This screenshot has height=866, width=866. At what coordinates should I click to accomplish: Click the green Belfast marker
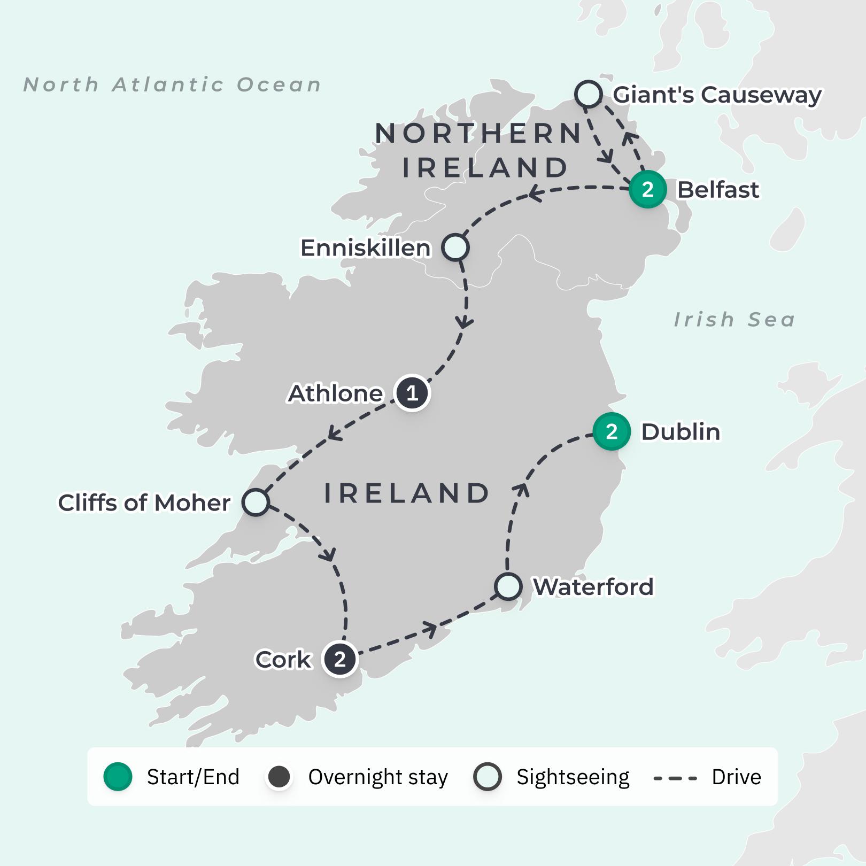[x=647, y=189]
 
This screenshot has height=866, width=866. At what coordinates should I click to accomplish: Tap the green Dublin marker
[x=612, y=431]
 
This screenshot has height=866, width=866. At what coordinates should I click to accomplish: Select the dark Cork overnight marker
[x=340, y=659]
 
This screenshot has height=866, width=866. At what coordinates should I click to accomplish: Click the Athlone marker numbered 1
[x=412, y=393]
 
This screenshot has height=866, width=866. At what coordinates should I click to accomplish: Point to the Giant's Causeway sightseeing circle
[x=589, y=94]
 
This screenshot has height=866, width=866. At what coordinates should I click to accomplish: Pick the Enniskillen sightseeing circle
[x=455, y=248]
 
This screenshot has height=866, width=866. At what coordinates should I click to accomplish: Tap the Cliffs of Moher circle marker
[x=256, y=502]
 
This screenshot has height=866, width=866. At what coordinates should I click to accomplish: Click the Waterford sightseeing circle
[x=508, y=586]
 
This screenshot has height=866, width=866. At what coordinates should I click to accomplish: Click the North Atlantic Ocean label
[x=172, y=84]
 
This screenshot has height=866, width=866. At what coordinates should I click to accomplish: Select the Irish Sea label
[x=734, y=320]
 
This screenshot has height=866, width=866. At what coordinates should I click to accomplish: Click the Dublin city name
[x=680, y=432]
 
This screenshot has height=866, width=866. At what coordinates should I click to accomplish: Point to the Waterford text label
[x=593, y=587]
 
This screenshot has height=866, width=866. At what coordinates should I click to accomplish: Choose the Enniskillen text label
[x=365, y=248]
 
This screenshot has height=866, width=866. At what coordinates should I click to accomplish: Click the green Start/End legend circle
[x=118, y=777]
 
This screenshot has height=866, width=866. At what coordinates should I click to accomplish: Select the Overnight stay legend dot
[x=279, y=777]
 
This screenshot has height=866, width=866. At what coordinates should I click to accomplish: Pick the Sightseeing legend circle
[x=487, y=777]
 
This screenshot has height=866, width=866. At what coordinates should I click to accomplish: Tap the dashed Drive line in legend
[x=675, y=778]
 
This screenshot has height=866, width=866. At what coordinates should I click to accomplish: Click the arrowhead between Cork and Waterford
[x=431, y=629]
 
